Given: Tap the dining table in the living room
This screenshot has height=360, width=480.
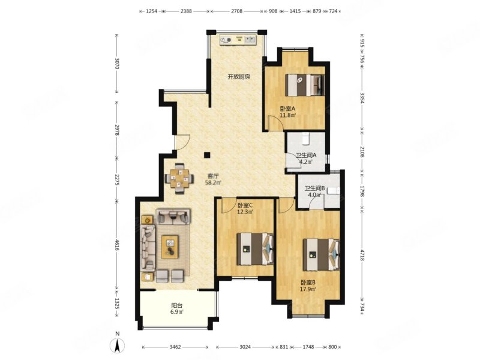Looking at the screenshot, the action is point(179,178).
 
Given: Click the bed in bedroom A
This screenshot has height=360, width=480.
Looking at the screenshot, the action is point(305,85).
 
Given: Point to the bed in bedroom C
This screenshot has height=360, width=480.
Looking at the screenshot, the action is point(254,249).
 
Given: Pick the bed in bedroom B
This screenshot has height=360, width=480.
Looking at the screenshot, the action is point(321,254).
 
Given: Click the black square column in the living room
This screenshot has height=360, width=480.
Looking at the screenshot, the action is point(207,155).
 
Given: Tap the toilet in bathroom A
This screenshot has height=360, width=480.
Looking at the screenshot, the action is point(305,139).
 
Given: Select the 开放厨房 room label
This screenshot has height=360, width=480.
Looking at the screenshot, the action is point(239,77).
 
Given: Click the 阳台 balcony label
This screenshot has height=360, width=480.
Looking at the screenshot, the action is point(177,305).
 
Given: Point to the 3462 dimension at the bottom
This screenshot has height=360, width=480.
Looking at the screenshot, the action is point(175,347).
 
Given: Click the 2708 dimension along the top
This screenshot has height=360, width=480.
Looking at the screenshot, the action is point(236,11).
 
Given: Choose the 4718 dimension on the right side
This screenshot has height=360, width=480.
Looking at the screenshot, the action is point(362,255).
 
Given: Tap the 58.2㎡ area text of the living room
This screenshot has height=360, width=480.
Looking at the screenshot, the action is point(213,183).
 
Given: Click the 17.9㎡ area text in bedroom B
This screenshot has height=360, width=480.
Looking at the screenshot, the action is point(308,289).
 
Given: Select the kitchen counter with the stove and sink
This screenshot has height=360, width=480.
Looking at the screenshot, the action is point(238,40).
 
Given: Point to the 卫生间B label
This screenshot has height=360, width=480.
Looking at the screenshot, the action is point(312,188).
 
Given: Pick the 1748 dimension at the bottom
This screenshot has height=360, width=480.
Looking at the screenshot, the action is point(308,347).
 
